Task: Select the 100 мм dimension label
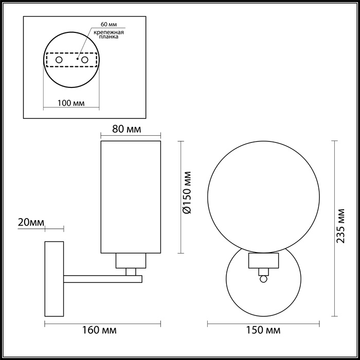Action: (x=71, y=103)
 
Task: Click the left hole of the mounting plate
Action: (x=59, y=60)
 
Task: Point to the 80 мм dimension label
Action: (x=127, y=129)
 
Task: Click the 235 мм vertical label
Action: (x=341, y=229)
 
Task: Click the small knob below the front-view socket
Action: (x=264, y=278)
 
